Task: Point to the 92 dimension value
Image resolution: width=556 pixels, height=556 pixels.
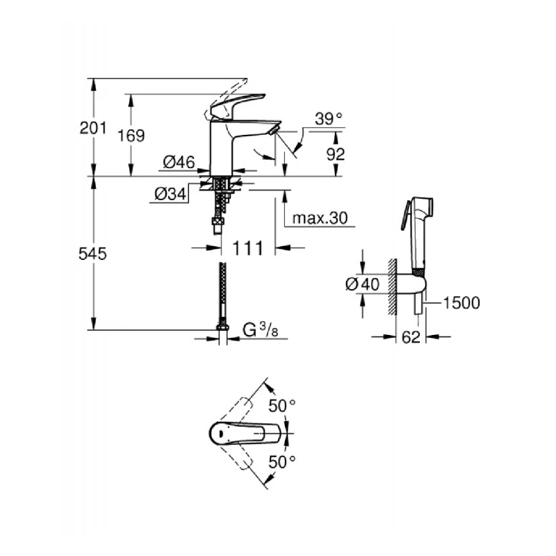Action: pos(335,154)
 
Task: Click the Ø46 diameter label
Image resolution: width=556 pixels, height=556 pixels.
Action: pos(178,163)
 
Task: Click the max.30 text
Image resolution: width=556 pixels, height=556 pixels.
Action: pos(319,218)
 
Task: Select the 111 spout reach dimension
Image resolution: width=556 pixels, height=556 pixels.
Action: pos(248,248)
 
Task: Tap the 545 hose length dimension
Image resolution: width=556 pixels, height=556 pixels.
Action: pos(92,254)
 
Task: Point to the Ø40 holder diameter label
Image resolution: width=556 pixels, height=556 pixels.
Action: pos(361,284)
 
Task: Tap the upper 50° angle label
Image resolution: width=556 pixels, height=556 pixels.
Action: pos(283,405)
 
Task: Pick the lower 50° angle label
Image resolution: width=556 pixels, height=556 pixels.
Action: pos(283,461)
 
